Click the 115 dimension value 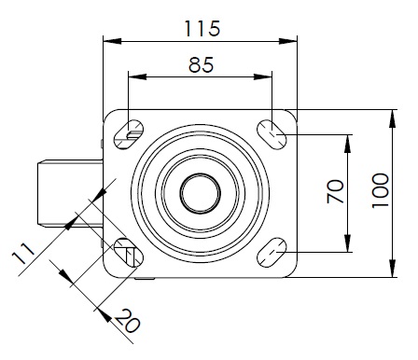pos(202,29)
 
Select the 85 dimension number pos(201,65)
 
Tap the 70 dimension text pos(335,191)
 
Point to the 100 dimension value pos(381,190)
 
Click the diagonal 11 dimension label pos(23,254)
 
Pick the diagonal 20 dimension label pos(127,321)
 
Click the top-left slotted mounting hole pos(129,134)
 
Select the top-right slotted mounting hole pos(272,134)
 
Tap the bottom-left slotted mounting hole pos(129,253)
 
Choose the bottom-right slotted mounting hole pos(272,253)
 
